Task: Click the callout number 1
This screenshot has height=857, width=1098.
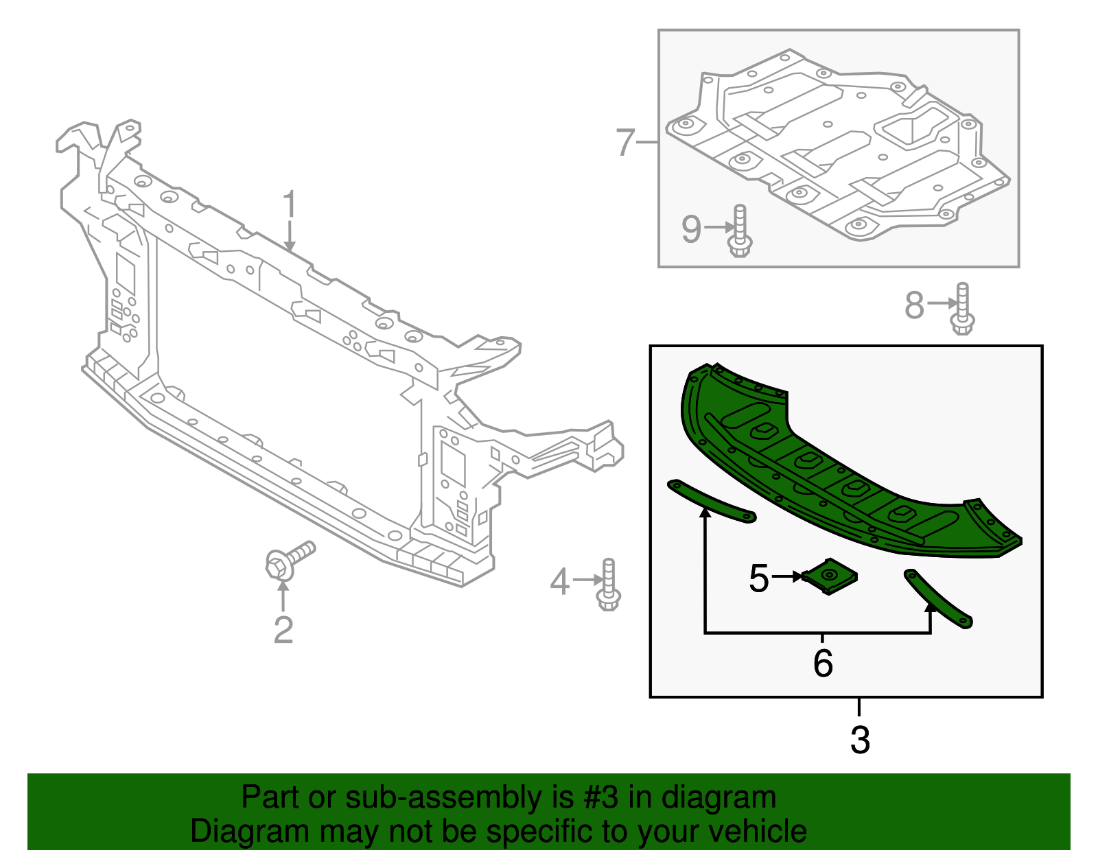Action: click(x=290, y=206)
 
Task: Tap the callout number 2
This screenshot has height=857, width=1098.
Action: click(x=283, y=630)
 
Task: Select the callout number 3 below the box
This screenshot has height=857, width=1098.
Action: click(x=860, y=740)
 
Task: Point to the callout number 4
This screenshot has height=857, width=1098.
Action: click(x=559, y=582)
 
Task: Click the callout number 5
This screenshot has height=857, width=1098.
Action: click(x=758, y=578)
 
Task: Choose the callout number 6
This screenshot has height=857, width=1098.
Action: click(x=823, y=664)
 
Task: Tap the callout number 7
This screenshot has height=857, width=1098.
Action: click(x=625, y=143)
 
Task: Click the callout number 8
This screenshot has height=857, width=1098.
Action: click(x=914, y=305)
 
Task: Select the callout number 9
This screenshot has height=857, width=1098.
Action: click(x=691, y=229)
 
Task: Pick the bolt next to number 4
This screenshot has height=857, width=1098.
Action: click(x=609, y=585)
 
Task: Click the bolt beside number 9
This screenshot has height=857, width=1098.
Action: click(x=739, y=231)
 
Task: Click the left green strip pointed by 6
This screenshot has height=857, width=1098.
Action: click(x=711, y=502)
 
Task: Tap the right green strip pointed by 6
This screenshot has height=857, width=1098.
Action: click(x=938, y=599)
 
